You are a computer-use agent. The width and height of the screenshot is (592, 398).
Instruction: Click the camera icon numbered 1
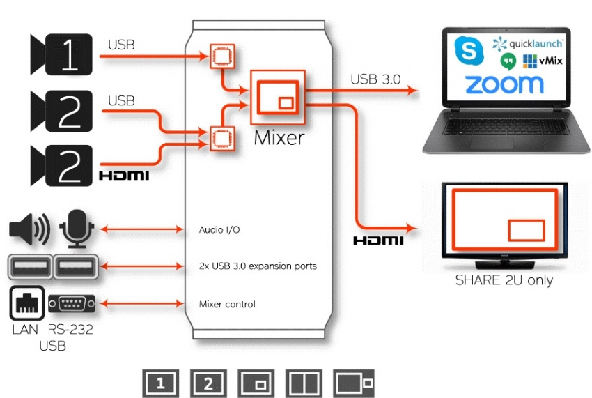[61, 54]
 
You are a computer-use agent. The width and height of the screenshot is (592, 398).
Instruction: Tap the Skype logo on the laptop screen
[469, 51]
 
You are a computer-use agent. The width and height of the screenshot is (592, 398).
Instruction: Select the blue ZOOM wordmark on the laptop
[504, 85]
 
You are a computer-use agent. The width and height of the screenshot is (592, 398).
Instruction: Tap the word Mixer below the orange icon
[279, 137]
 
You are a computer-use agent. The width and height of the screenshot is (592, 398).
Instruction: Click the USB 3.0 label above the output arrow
[375, 79]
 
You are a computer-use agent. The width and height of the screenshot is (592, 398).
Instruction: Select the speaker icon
[30, 229]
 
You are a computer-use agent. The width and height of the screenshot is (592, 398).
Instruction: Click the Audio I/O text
[219, 229]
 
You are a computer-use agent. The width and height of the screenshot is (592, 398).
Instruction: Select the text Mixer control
[227, 304]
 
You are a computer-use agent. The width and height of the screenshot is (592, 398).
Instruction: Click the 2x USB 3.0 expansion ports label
[258, 266]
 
